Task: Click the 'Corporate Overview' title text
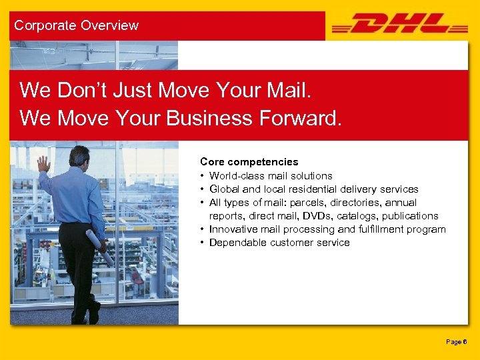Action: click(76, 25)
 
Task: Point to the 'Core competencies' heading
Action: click(249, 162)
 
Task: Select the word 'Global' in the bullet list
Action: click(225, 189)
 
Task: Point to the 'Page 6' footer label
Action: click(457, 341)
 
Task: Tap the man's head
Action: click(79, 156)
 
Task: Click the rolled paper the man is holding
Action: click(99, 247)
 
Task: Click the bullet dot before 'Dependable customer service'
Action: click(202, 243)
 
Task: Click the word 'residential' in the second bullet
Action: click(308, 189)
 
